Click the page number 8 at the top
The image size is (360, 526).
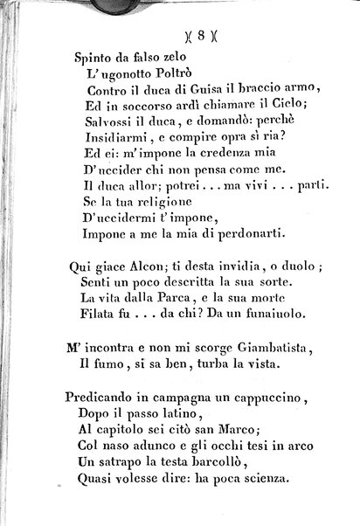coord(201,36)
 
